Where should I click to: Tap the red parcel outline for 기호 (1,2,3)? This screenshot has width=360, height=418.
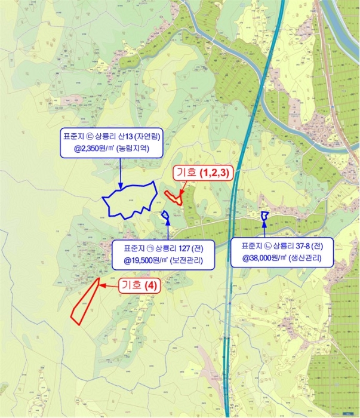click(174, 196)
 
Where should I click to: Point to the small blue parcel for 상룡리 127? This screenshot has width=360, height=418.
click(165, 215)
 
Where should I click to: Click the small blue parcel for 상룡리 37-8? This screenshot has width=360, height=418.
click(265, 215)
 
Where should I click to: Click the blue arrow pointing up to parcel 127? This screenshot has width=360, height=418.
click(168, 229)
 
